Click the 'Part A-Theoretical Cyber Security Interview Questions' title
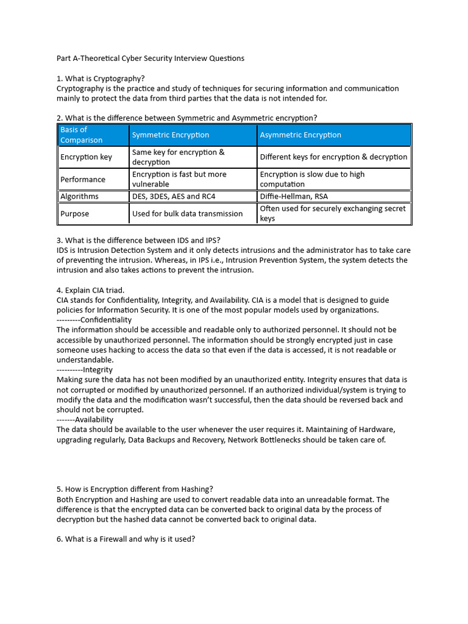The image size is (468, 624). pyautogui.click(x=151, y=58)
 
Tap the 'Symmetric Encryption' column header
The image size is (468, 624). pyautogui.click(x=171, y=135)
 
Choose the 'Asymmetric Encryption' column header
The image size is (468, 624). pyautogui.click(x=300, y=135)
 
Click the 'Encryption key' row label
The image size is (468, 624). pyautogui.click(x=86, y=157)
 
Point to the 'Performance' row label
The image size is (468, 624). pyautogui.click(x=83, y=179)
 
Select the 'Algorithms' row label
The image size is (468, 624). pyautogui.click(x=79, y=196)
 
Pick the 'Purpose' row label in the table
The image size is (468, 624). pyautogui.click(x=74, y=214)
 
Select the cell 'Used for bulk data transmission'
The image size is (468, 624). pyautogui.click(x=187, y=214)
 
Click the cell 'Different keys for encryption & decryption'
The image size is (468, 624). pyautogui.click(x=333, y=157)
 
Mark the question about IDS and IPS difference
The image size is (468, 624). pyautogui.click(x=143, y=240)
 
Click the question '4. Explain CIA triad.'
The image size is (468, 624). pyautogui.click(x=91, y=290)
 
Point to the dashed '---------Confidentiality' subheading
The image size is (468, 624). pyautogui.click(x=94, y=320)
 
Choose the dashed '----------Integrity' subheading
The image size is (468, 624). pyautogui.click(x=85, y=370)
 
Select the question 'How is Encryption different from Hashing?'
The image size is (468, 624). pyautogui.click(x=135, y=489)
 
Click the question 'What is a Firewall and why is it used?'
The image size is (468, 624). pyautogui.click(x=126, y=539)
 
